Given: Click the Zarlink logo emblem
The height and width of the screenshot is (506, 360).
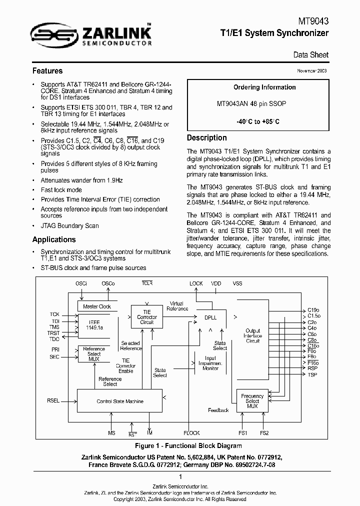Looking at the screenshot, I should [x=52, y=33].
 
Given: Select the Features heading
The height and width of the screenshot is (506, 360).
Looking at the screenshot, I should [x=47, y=71].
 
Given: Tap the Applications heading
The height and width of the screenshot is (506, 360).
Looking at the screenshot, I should [x=54, y=239].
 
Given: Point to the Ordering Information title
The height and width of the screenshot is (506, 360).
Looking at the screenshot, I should [x=264, y=87].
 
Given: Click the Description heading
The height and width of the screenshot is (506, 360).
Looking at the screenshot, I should [x=206, y=138].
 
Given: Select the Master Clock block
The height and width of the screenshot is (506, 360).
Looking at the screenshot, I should [x=97, y=306].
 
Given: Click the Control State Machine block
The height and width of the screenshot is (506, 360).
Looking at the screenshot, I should [x=120, y=401].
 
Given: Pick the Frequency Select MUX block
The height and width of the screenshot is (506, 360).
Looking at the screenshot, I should [x=252, y=401].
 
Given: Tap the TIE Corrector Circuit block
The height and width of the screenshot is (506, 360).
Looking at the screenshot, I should [x=146, y=317].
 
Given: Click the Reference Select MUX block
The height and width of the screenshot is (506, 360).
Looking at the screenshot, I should [x=94, y=354].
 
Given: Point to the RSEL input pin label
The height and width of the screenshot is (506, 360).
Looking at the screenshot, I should [x=53, y=400].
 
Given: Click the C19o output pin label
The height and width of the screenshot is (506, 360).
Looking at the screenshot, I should [x=313, y=310].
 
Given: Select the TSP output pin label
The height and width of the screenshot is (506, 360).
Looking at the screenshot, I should [x=312, y=374].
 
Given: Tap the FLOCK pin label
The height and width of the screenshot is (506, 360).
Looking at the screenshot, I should [x=191, y=433].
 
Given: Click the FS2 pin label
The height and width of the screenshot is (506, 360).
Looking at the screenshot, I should [x=264, y=433].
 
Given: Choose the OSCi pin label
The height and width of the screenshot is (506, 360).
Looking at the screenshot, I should [x=81, y=283].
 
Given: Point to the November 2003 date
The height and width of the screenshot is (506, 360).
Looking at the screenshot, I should [x=313, y=71].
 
